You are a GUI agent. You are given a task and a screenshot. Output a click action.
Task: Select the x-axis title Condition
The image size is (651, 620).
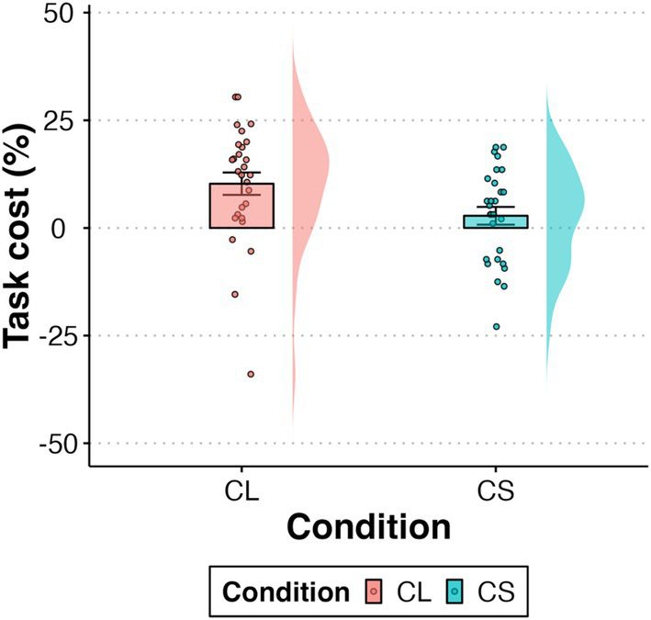[367, 527]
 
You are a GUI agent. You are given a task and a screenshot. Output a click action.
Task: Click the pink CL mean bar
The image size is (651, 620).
[241, 208]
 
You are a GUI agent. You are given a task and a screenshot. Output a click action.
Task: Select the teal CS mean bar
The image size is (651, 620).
[496, 221]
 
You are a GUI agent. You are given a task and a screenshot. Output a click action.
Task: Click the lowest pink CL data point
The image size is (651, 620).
[251, 374]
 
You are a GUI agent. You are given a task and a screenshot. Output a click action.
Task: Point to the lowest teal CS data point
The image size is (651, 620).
[497, 326]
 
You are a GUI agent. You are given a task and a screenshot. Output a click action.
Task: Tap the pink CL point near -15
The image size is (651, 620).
[234, 294]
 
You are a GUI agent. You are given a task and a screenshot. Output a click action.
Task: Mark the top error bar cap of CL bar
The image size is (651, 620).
[241, 173]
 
